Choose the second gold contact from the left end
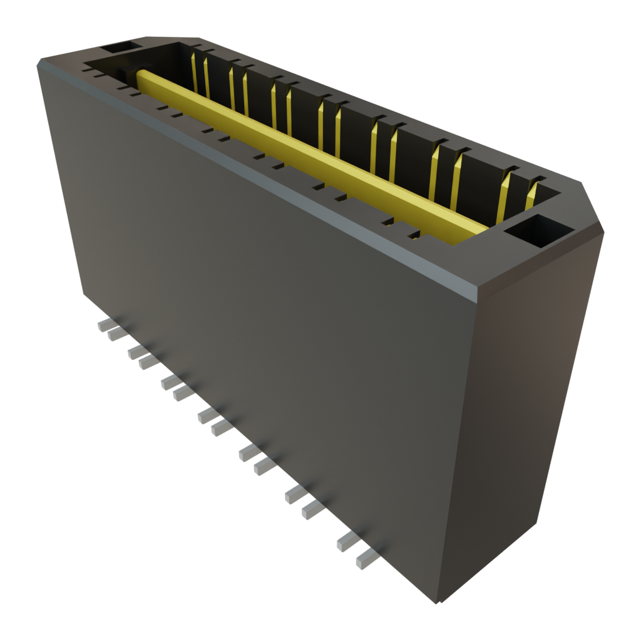207,75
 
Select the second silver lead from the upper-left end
116,335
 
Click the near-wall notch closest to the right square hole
414,236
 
